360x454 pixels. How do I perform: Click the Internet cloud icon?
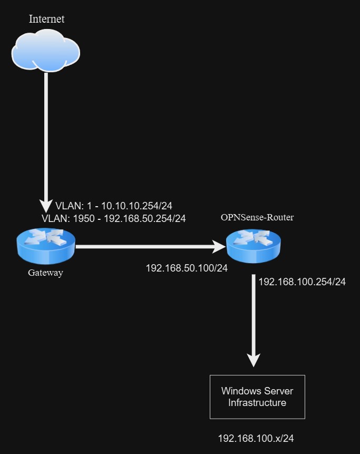46,51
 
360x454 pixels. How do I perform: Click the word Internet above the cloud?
46,19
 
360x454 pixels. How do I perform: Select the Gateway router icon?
46,246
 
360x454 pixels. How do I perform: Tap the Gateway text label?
45,273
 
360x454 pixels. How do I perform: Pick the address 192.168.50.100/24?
187,268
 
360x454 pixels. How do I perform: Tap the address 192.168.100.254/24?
302,282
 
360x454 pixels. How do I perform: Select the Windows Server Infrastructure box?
257,397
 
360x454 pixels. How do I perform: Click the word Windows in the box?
242,391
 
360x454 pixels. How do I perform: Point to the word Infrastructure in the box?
257,403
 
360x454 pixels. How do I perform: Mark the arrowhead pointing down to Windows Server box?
254,360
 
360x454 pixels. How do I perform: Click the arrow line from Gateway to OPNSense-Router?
142,246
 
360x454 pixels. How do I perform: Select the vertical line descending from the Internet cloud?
46,132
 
